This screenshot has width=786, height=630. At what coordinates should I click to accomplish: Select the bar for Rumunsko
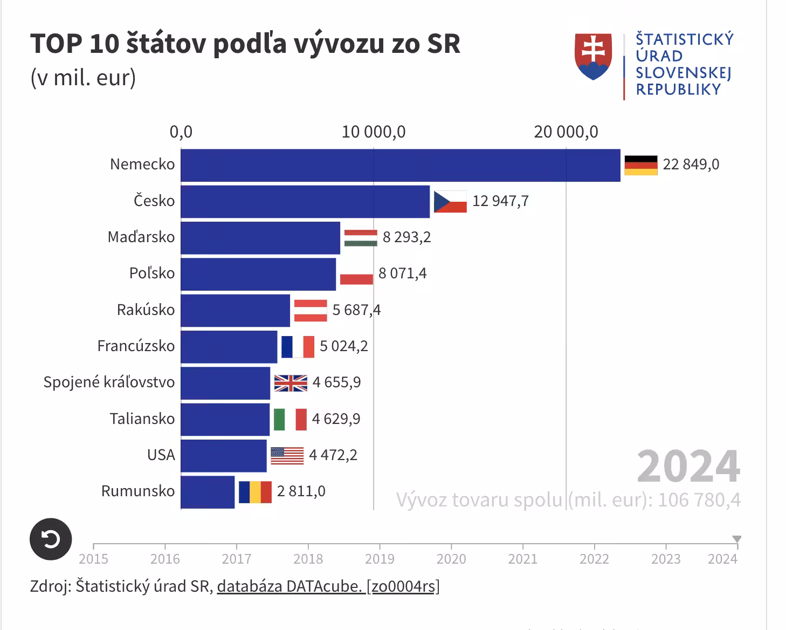[208, 492]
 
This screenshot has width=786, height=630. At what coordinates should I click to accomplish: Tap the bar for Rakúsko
[235, 310]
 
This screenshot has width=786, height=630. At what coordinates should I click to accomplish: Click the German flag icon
[640, 165]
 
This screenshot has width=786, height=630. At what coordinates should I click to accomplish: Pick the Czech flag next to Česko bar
[450, 201]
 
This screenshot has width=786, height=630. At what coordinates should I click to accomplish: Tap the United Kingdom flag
[291, 383]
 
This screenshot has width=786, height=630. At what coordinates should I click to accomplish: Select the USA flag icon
[287, 456]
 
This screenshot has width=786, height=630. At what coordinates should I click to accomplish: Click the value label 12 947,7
[500, 201]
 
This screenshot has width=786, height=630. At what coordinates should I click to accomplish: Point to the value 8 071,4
[402, 273]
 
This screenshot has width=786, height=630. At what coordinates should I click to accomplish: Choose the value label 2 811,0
[301, 491]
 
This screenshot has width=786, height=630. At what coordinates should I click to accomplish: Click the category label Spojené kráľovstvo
[109, 382]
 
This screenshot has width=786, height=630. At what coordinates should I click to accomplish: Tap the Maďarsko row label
[141, 237]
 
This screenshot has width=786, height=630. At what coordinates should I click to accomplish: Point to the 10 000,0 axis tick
[374, 132]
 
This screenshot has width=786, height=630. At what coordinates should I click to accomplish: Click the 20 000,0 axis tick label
[566, 132]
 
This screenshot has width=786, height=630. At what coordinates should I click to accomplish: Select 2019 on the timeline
[380, 559]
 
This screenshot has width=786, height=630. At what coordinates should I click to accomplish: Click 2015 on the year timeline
[93, 559]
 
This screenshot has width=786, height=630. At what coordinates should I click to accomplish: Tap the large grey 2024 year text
[688, 467]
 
